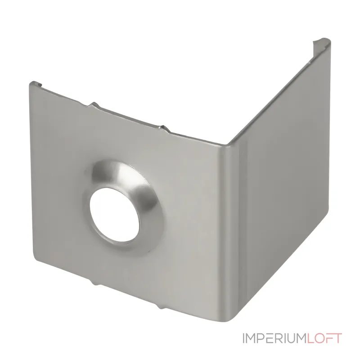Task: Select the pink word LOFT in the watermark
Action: pos(324,338)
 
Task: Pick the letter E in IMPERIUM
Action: pos(270,338)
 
